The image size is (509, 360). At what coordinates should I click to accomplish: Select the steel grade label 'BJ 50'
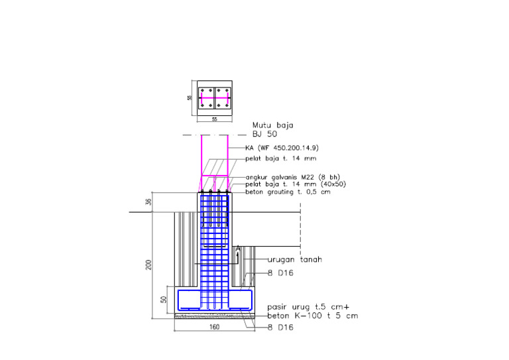(264, 134)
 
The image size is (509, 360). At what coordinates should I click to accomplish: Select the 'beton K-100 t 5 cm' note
(312, 316)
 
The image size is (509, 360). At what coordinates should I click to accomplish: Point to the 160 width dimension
(214, 327)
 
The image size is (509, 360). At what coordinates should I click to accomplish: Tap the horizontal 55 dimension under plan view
(214, 119)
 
